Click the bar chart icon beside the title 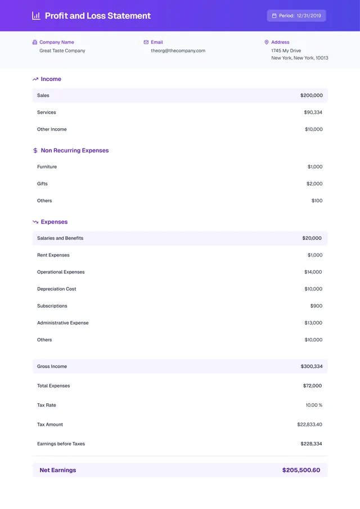click(36, 16)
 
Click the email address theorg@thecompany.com click(178, 51)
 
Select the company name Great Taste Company click(62, 51)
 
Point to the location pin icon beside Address click(267, 42)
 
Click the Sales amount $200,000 click(312, 96)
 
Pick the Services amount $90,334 click(313, 112)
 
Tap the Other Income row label click(52, 129)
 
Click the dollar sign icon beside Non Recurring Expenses click(35, 151)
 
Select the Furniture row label click(47, 167)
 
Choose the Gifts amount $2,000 click(314, 184)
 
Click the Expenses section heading click(54, 222)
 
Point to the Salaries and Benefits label click(60, 238)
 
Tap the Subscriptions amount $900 click(316, 306)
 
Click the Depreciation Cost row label click(56, 289)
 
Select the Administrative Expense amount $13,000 click(313, 323)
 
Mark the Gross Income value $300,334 click(312, 367)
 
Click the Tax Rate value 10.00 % click(314, 406)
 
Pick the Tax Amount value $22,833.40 click(309, 425)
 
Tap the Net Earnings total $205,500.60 click(301, 470)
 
